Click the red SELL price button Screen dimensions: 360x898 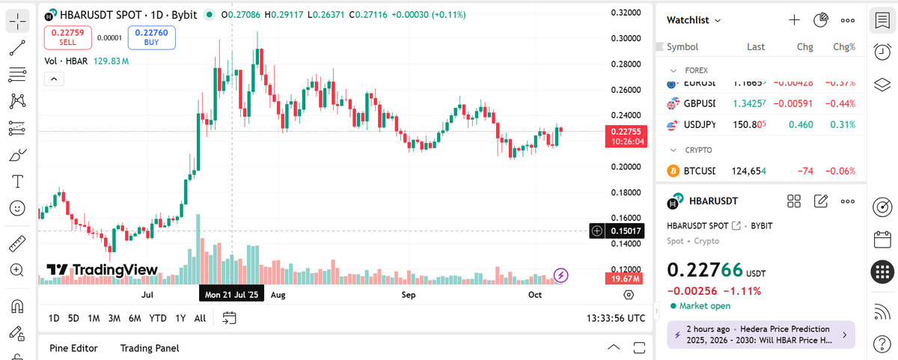67,37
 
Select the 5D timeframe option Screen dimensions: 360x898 73,318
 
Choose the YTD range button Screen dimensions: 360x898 158,318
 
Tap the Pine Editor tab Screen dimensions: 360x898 73,348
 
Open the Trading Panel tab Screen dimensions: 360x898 149,348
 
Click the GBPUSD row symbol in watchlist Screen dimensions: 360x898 699,103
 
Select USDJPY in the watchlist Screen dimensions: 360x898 699,124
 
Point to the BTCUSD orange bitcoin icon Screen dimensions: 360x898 672,171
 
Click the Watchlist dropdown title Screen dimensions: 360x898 694,20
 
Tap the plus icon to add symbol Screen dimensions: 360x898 795,20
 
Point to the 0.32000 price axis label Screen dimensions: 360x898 625,13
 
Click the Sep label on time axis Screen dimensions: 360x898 408,296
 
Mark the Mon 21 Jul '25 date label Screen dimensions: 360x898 231,296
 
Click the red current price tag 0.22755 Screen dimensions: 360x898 626,136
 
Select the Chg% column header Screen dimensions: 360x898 844,46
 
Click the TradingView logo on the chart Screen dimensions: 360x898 102,270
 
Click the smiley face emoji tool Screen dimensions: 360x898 16,208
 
